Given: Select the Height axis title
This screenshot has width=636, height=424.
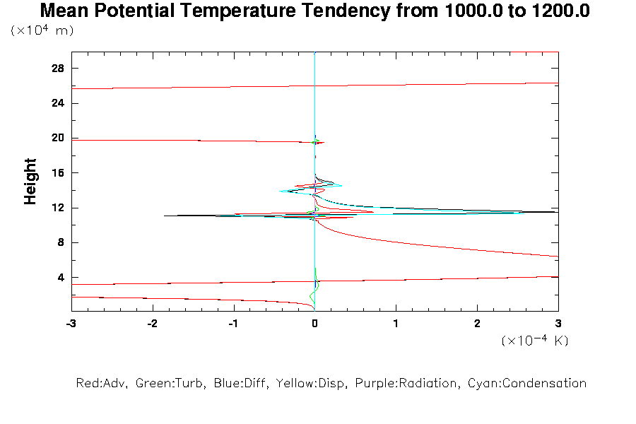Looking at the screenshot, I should [x=30, y=182].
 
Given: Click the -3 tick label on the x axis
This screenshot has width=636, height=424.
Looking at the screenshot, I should [x=71, y=323].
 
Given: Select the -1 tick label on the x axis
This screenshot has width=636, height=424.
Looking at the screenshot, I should [x=233, y=323].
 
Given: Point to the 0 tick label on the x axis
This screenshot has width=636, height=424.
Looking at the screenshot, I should [x=314, y=323].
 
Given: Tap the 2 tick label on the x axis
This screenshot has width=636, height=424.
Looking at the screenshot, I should [x=477, y=323].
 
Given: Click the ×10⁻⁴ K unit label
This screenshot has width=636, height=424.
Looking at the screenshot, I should [x=535, y=341].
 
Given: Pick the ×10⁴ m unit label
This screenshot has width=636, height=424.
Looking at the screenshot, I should [x=42, y=30].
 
